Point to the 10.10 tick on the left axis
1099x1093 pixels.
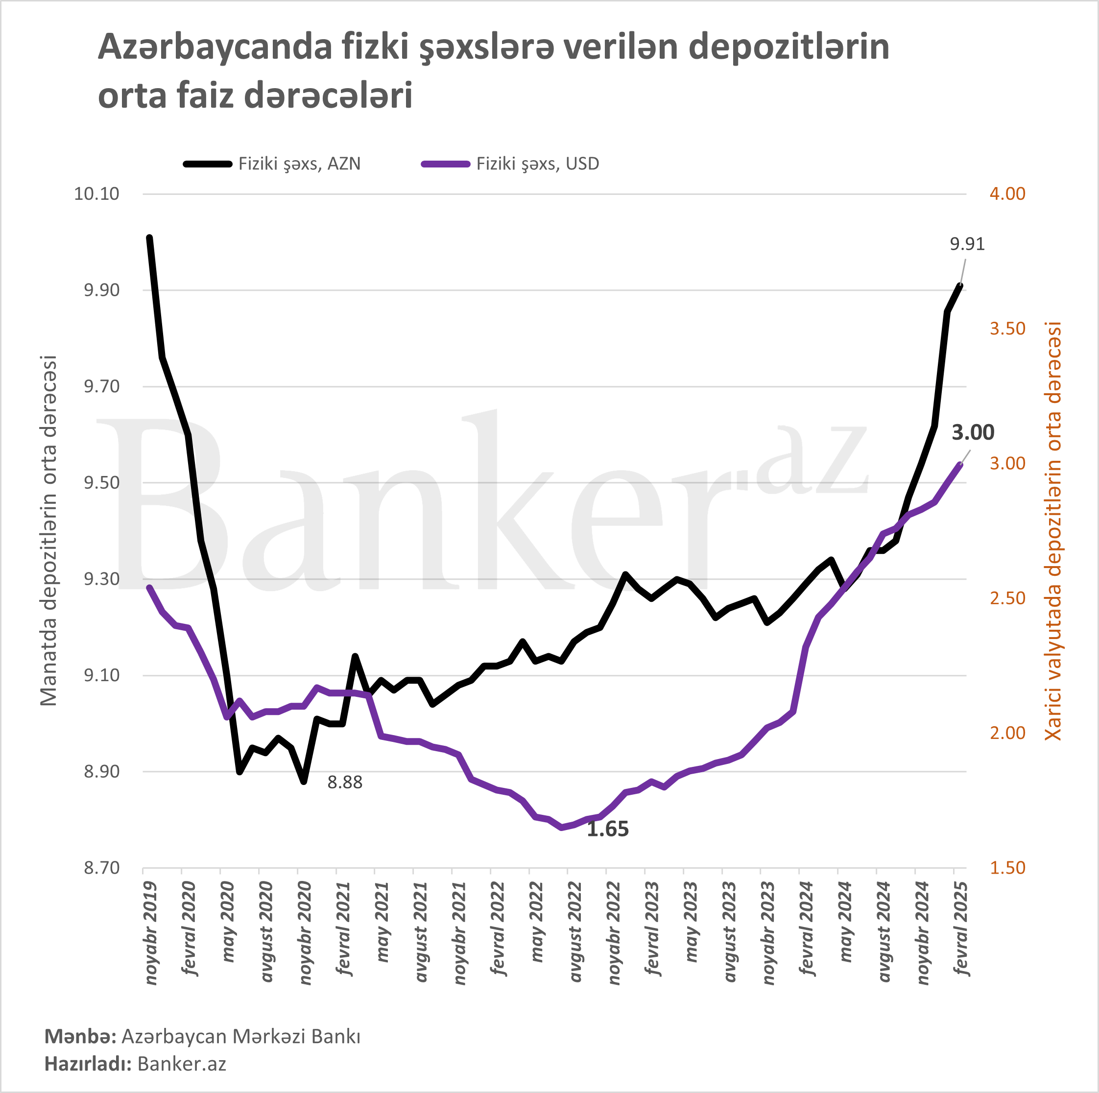[x=96, y=194]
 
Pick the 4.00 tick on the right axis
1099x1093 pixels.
[x=1007, y=194]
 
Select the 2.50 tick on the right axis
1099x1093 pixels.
[x=1007, y=598]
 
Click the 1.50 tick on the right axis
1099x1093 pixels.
[x=1007, y=868]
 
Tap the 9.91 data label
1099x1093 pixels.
[x=967, y=244]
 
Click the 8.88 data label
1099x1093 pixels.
[x=345, y=783]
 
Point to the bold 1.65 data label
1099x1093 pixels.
[x=607, y=830]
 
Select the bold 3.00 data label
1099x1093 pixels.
[x=973, y=433]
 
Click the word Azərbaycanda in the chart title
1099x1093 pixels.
[x=215, y=48]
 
